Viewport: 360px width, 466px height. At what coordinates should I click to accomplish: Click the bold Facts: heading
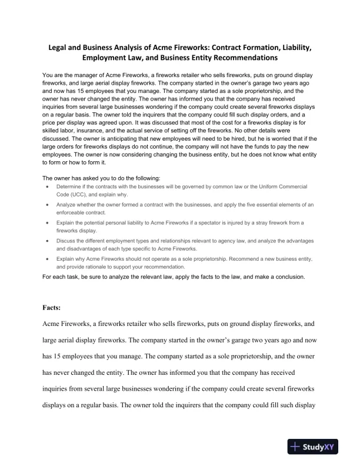click(x=55, y=307)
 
